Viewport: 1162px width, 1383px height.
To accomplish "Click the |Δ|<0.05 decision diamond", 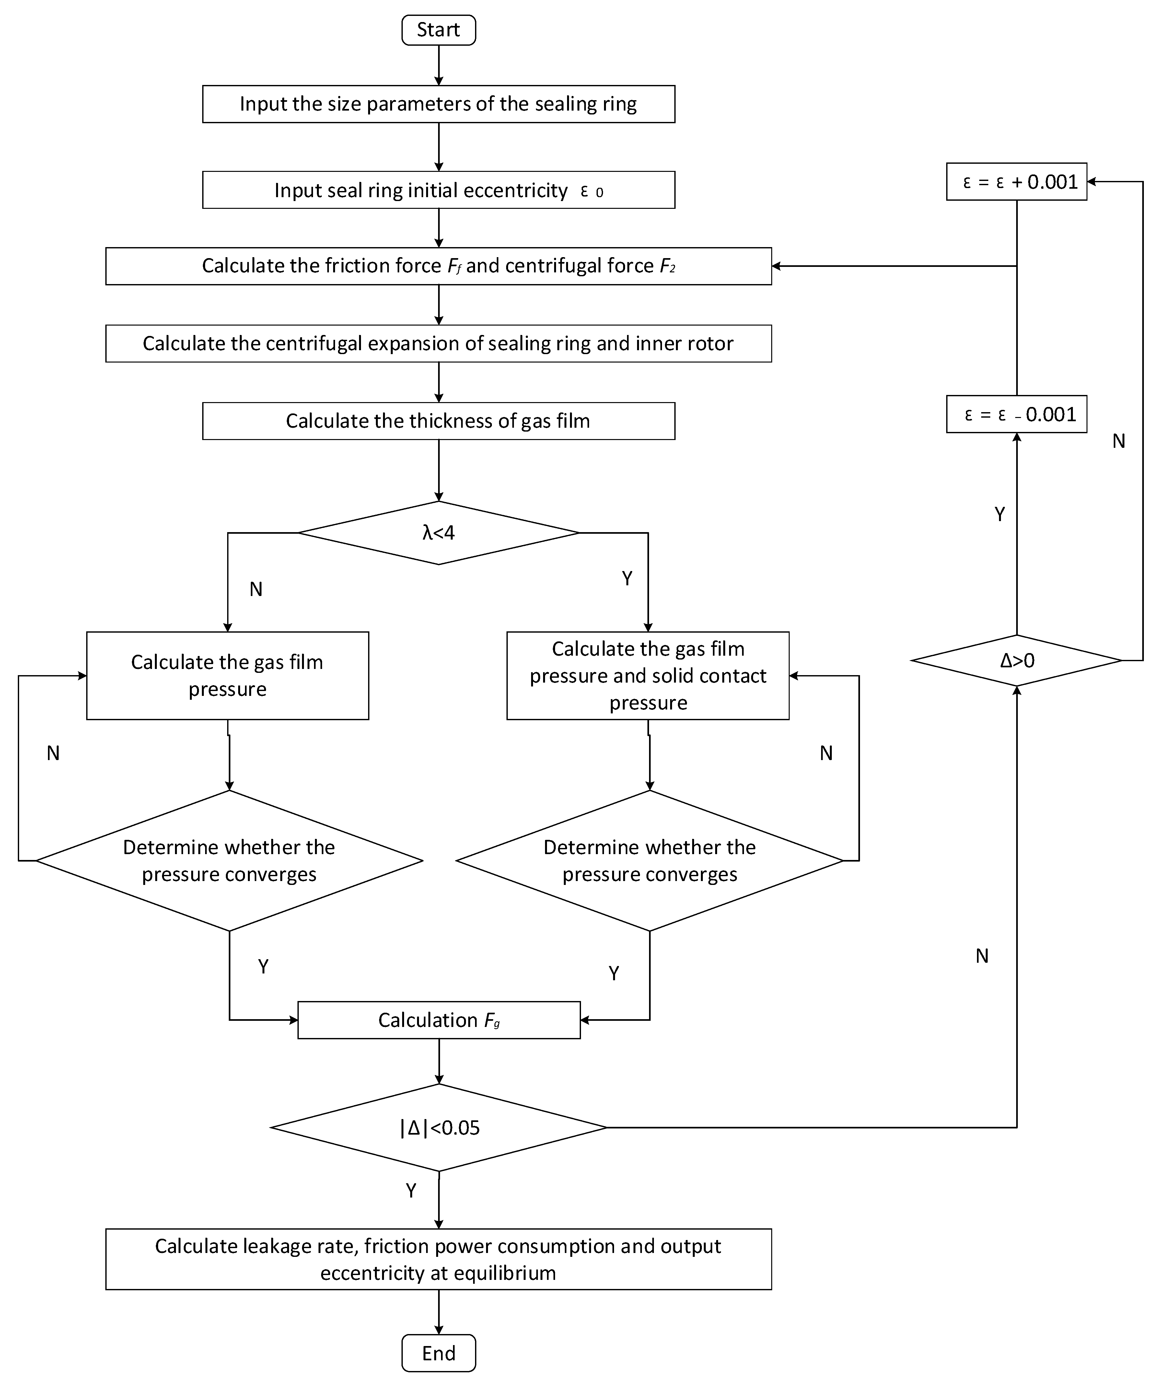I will (x=439, y=1128).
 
